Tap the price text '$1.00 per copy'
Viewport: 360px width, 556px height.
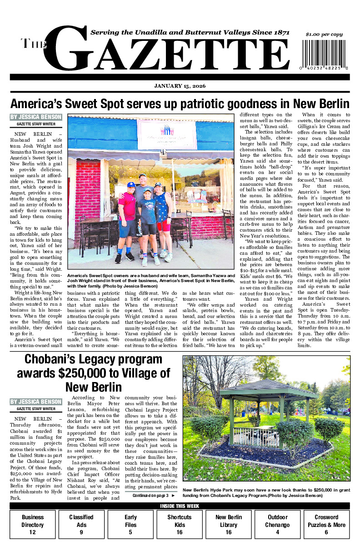click(324, 35)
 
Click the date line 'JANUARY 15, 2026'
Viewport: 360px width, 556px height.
click(180, 86)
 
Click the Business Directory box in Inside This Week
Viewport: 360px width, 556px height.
click(33, 525)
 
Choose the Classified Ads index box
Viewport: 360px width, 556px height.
click(81, 525)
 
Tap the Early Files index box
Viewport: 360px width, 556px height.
click(130, 525)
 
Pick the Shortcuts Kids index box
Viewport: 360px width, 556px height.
click(180, 525)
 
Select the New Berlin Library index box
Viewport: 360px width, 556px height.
click(229, 525)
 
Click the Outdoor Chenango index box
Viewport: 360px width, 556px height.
click(277, 525)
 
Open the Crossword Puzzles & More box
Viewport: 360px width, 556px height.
click(326, 525)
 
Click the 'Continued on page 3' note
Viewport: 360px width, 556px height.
click(153, 496)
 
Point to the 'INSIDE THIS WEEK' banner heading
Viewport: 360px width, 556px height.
click(180, 506)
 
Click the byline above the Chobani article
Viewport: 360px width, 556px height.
click(36, 402)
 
